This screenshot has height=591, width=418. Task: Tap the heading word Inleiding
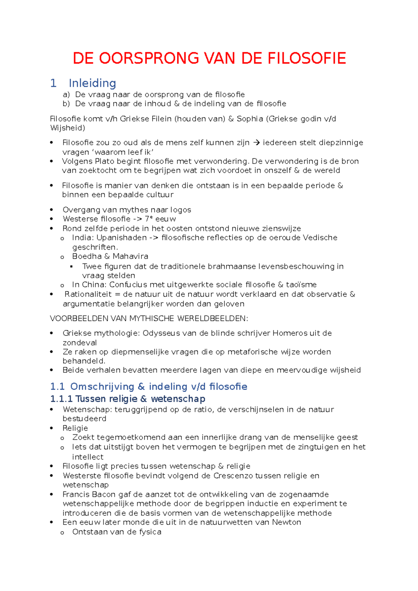[92, 83]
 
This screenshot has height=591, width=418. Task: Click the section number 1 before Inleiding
[53, 83]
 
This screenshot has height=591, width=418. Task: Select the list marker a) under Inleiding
[66, 95]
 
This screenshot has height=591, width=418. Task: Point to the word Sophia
[250, 119]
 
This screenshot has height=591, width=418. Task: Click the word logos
[180, 210]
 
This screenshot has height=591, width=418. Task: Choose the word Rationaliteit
[88, 294]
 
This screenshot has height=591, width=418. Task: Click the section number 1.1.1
[61, 399]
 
